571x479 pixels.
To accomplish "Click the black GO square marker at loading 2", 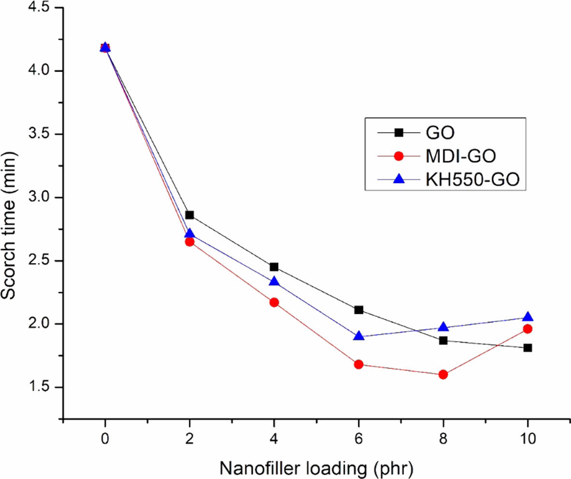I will (x=190, y=215).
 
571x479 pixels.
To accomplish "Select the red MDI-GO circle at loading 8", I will (x=443, y=374).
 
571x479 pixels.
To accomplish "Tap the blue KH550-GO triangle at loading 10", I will (x=527, y=317).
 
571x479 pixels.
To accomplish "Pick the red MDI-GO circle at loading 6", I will (x=359, y=364).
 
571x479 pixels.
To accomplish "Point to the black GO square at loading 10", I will (x=527, y=348).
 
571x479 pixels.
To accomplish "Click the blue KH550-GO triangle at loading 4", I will (x=274, y=282).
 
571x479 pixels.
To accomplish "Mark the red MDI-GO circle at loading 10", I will (x=527, y=329).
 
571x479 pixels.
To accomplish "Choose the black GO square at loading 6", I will (x=359, y=310).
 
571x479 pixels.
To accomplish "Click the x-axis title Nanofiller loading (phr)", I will (x=316, y=467).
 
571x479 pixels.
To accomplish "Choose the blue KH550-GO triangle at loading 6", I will (x=359, y=336).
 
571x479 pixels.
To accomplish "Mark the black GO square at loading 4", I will (x=274, y=267).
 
